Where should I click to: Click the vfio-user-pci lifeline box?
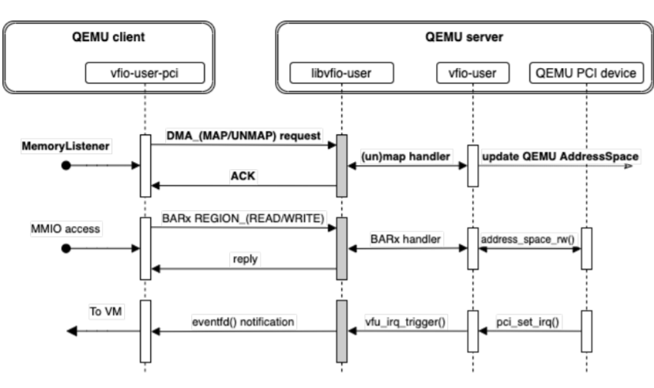coord(145,74)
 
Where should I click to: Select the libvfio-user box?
coord(342,74)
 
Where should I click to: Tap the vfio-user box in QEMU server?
coord(472,74)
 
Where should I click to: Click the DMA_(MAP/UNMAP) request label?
coord(243,136)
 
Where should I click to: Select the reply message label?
coord(245,259)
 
